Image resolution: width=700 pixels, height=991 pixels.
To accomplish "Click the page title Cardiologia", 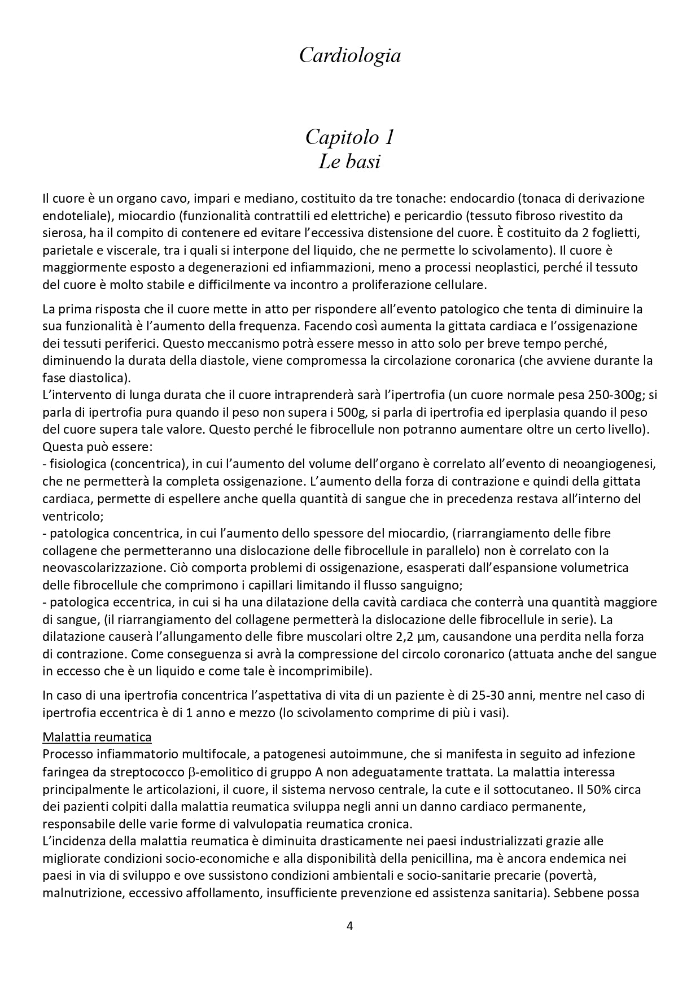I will pos(349,55).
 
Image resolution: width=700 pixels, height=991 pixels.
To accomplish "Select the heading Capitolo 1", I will pos(349,137).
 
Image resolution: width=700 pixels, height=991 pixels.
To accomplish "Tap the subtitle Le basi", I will pos(349,162).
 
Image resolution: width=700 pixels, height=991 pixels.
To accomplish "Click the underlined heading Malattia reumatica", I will pos(97,737).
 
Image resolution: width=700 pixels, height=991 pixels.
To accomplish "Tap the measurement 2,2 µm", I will pos(415,636).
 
